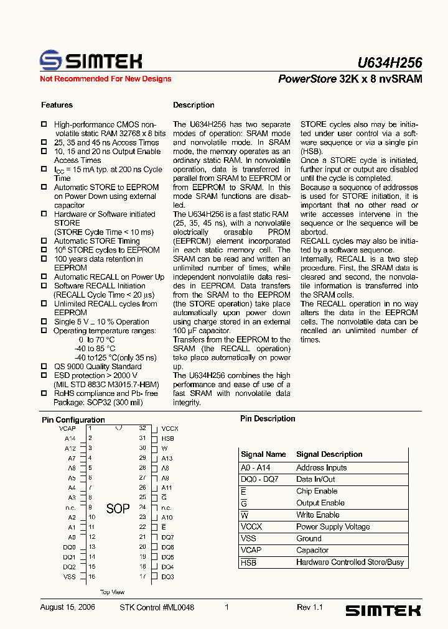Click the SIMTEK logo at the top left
click(x=91, y=60)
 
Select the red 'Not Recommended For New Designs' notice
click(x=105, y=79)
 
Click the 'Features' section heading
click(x=57, y=105)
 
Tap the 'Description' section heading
click(x=194, y=105)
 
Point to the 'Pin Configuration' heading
click(x=73, y=420)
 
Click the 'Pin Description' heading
click(x=268, y=419)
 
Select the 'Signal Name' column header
click(x=263, y=454)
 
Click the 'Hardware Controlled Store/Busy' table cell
click(x=350, y=562)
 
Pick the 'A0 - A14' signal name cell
click(x=256, y=467)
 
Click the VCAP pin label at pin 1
click(x=67, y=429)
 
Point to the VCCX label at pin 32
click(x=170, y=429)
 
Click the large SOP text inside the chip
click(x=118, y=509)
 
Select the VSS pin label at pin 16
click(x=69, y=577)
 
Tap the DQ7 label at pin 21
click(x=167, y=537)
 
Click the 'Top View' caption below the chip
click(x=113, y=592)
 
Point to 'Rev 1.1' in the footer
click(x=310, y=607)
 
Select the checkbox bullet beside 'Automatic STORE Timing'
click(x=44, y=241)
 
